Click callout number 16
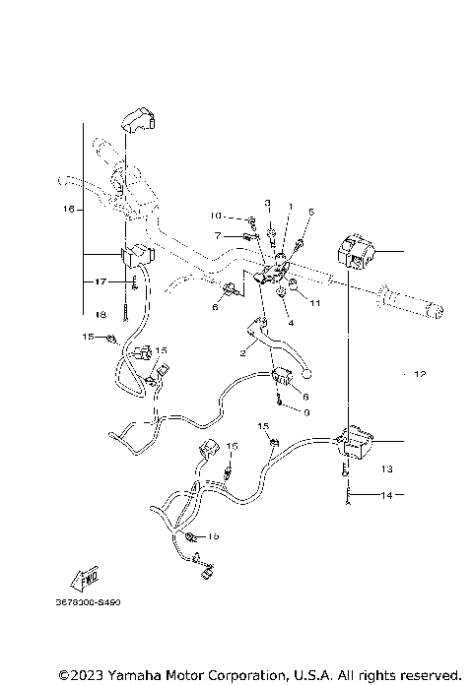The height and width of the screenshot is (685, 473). click(68, 209)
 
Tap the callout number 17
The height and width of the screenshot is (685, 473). click(101, 281)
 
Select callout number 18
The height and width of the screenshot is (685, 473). click(101, 315)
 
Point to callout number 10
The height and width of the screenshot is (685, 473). click(215, 216)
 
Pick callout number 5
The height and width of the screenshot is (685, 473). click(310, 212)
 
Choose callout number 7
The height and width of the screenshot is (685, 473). click(217, 235)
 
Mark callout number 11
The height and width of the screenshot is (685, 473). click(315, 304)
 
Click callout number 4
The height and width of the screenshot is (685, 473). click(291, 322)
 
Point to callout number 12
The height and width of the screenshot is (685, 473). click(419, 375)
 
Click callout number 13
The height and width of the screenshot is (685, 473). click(386, 469)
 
